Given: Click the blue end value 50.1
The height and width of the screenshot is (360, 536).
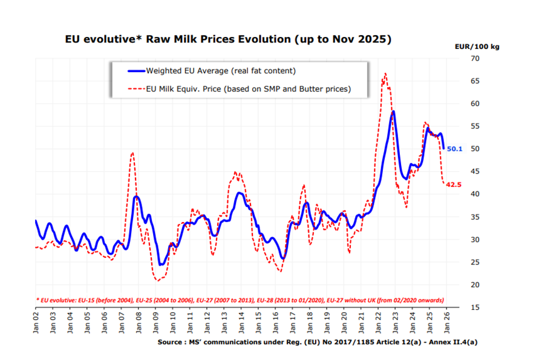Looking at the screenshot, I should (x=455, y=148).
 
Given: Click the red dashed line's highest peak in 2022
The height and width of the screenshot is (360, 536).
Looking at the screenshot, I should (x=385, y=74).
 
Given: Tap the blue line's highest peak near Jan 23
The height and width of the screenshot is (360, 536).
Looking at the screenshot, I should (x=393, y=111).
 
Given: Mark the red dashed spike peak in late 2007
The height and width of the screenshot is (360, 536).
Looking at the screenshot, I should (x=132, y=152).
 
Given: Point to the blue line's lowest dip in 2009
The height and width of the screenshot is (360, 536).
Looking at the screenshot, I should (x=160, y=264).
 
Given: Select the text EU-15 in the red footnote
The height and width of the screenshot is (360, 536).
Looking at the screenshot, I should (x=87, y=299).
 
